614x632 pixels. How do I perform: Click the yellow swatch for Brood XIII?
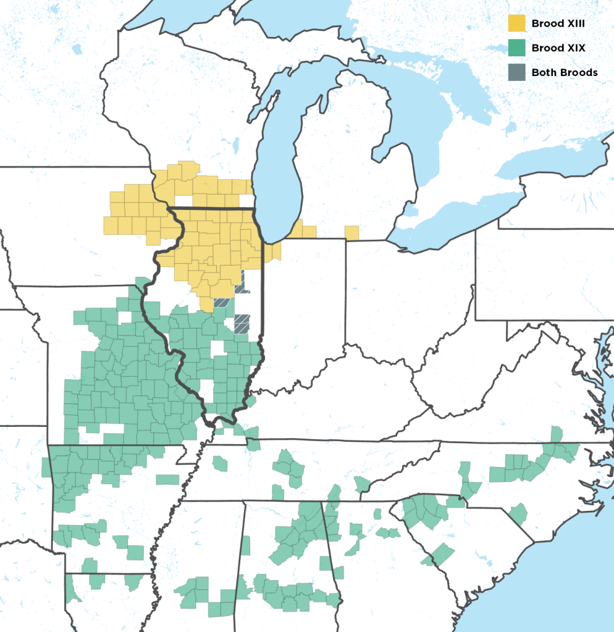516,23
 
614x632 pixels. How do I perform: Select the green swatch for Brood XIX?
516,48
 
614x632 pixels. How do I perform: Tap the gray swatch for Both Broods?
516,72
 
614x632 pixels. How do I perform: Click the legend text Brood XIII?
557,23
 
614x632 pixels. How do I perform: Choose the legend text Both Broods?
565,72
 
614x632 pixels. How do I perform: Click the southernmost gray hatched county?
242,323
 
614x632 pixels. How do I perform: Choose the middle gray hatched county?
221,303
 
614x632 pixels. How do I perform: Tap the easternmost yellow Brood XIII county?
351,232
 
